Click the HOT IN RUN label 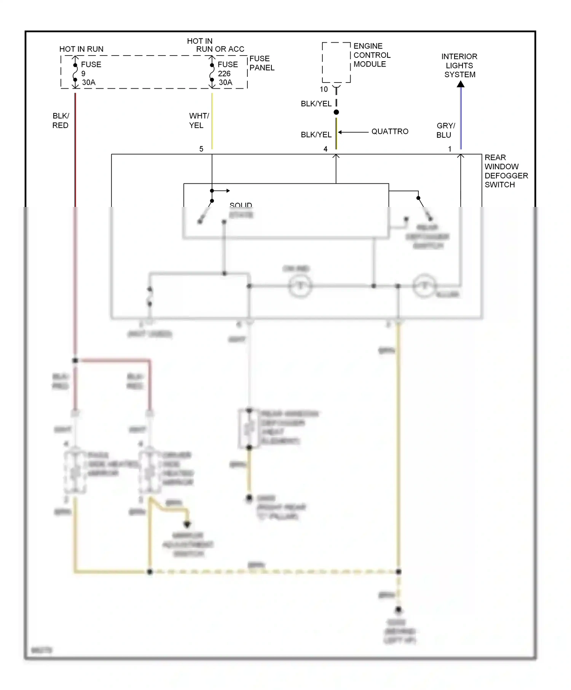point(81,49)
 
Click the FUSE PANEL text point(262,63)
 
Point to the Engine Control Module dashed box point(336,62)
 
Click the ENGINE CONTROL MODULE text point(372,55)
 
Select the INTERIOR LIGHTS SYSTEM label point(459,65)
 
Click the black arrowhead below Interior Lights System point(461,84)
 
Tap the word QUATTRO point(389,132)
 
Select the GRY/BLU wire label point(445,130)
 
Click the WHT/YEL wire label point(199,120)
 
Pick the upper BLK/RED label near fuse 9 point(61,120)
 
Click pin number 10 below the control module point(324,89)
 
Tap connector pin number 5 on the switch point(201,149)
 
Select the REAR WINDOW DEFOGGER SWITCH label point(506,171)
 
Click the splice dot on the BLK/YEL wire point(336,112)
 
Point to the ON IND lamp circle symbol point(300,286)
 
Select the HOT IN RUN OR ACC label point(215,45)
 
